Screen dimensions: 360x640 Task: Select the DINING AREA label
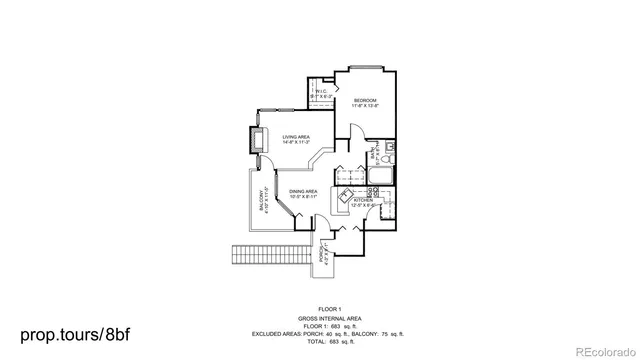(303, 193)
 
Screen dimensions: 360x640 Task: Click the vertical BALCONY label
(263, 199)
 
